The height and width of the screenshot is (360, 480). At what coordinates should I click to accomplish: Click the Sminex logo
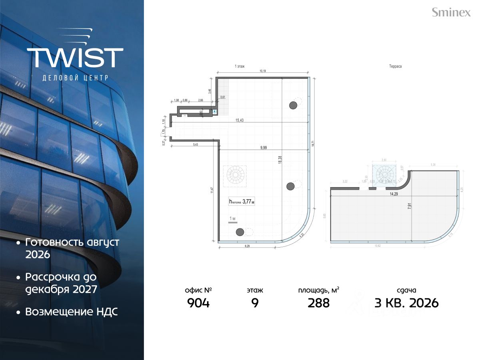coord(451,12)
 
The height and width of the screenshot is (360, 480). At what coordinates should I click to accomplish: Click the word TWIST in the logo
coord(75,58)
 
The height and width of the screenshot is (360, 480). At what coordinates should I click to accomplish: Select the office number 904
coord(198,303)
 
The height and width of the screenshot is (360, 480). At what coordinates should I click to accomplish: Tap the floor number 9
coord(255,303)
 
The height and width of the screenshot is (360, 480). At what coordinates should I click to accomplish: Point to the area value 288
coord(319,303)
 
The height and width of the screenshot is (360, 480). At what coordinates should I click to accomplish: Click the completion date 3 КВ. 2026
coord(406,303)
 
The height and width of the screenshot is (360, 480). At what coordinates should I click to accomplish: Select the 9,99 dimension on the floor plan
coord(263,148)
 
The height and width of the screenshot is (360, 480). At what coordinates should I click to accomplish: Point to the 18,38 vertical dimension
coord(280,159)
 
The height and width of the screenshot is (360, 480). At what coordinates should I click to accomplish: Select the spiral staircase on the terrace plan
coord(384,174)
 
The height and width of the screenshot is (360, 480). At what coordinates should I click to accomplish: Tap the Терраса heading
coord(394,66)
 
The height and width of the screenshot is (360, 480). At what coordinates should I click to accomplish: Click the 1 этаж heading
coord(240,66)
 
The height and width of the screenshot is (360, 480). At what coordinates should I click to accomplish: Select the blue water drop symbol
coord(215,112)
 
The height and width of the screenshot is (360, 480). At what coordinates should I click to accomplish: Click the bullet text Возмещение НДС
coord(71,312)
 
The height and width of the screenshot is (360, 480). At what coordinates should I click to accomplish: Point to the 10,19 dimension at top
coord(263,71)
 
